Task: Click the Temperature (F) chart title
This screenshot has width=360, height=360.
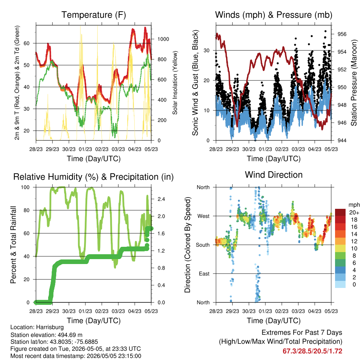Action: point(94,15)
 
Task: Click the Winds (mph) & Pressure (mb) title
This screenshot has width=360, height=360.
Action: point(274,15)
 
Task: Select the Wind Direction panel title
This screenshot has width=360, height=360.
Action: point(274,175)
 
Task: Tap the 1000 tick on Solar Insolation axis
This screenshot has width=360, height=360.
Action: point(163,39)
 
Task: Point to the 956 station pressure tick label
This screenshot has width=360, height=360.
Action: point(342,34)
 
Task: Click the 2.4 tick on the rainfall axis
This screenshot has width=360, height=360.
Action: point(161,199)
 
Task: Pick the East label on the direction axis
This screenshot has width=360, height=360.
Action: point(204,274)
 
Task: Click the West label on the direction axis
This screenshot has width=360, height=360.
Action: point(204,216)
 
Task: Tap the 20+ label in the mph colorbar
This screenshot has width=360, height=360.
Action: point(354,212)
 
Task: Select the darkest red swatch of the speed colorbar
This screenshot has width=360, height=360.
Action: point(340,212)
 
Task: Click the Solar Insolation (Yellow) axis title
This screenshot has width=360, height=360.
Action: point(175,83)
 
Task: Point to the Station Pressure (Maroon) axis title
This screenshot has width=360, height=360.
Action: point(354,83)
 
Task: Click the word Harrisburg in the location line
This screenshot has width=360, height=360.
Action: point(50,327)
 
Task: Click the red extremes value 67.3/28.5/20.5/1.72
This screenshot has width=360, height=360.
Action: point(313,351)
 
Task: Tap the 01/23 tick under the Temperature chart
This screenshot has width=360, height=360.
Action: point(85,149)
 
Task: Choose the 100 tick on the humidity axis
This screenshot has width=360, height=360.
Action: point(25,187)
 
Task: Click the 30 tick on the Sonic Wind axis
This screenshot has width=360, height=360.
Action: point(207,51)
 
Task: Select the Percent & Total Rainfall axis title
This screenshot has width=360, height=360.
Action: point(13,245)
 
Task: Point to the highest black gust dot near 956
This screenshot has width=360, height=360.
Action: point(325,31)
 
